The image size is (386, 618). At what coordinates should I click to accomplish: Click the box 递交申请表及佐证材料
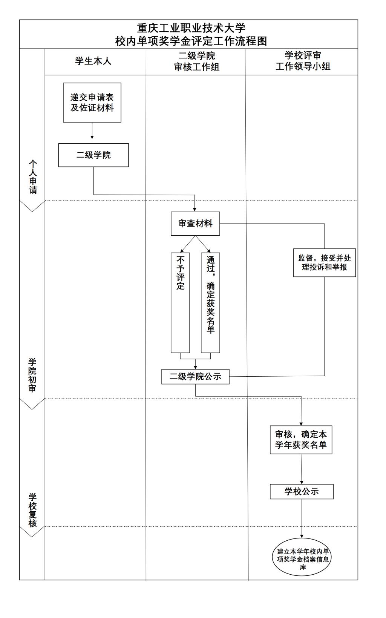click(92, 103)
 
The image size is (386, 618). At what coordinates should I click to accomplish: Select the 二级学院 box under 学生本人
click(93, 155)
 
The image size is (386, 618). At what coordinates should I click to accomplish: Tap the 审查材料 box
click(195, 224)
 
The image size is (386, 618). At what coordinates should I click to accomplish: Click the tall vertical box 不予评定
click(180, 302)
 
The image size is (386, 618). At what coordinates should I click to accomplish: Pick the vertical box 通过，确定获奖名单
click(210, 302)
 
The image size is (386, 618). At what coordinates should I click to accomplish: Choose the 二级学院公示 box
click(195, 377)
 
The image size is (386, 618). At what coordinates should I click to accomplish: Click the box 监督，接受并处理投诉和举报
click(325, 263)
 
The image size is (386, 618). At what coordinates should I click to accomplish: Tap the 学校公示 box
click(302, 491)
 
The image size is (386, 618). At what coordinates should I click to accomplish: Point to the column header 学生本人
click(93, 61)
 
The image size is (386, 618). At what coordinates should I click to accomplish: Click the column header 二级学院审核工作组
click(196, 61)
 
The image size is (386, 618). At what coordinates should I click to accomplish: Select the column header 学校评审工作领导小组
click(303, 61)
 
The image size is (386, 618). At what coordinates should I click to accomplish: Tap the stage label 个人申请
click(33, 177)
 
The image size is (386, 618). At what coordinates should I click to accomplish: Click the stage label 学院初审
click(32, 375)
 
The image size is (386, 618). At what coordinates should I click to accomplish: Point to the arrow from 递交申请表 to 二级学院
click(92, 130)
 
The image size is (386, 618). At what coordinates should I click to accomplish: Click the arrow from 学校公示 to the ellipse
click(302, 518)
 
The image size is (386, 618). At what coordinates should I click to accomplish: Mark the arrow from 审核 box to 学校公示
click(301, 469)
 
